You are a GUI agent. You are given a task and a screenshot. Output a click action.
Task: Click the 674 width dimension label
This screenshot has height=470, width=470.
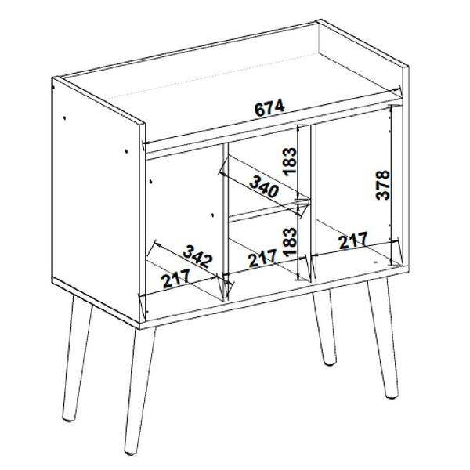tap(269, 108)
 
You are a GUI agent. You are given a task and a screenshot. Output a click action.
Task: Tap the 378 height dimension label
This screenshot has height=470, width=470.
tap(383, 185)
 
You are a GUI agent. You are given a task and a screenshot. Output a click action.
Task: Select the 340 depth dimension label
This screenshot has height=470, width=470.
tap(264, 187)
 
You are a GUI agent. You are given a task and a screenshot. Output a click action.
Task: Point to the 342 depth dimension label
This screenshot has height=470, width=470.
tap(198, 256)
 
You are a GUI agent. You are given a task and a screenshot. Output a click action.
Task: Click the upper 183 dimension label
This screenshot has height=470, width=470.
tap(289, 161)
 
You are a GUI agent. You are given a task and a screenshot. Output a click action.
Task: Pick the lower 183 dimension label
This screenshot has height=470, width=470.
tap(289, 242)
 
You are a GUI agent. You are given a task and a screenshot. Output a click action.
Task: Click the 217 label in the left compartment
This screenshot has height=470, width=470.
tap(175, 278)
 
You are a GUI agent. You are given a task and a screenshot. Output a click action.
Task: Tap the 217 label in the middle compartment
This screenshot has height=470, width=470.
tap(262, 258)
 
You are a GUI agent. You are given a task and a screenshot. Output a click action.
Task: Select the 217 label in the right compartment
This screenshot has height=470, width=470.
tap(353, 240)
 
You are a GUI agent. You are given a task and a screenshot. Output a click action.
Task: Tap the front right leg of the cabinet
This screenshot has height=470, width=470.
tap(383, 338)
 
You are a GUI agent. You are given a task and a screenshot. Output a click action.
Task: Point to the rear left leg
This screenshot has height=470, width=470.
tap(78, 358)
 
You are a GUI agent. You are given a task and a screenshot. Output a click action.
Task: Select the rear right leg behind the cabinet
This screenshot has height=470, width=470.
tap(324, 327)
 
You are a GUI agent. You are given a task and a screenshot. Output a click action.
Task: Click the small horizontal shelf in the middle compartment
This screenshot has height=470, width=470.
tap(268, 211)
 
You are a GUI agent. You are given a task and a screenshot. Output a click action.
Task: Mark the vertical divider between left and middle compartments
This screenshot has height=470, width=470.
tap(226, 222)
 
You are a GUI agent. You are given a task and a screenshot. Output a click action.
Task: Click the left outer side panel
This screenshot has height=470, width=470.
tap(96, 201)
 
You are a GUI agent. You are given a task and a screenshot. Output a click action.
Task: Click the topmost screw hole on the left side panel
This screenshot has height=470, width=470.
tap(64, 117)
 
